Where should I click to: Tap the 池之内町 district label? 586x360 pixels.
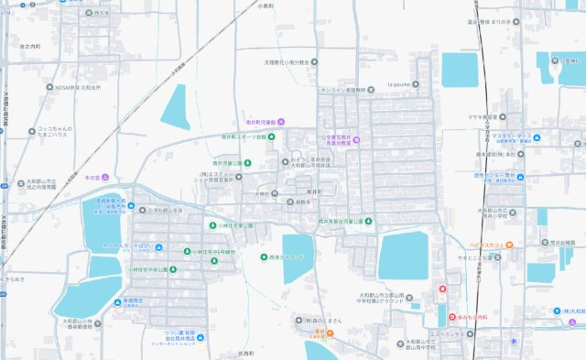[31, 45]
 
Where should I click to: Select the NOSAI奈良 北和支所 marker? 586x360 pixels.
[51, 88]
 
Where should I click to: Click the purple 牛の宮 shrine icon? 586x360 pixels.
[104, 176]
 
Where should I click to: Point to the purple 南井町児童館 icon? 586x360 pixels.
[282, 122]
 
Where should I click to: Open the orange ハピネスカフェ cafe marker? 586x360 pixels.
[509, 245]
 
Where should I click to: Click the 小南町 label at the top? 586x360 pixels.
[266, 6]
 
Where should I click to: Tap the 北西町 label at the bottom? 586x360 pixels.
[244, 352]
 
